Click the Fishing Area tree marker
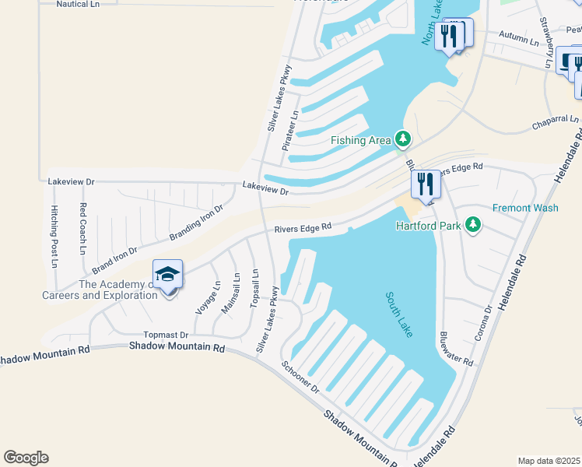tap(402, 139)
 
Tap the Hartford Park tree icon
tap(472, 226)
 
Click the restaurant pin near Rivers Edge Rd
tap(425, 184)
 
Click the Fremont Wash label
tap(525, 208)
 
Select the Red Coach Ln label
tap(82, 229)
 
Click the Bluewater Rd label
tap(456, 347)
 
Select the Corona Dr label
tap(483, 324)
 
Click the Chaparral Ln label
tap(556, 122)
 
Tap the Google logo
tap(26, 458)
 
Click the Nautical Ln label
tap(79, 4)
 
